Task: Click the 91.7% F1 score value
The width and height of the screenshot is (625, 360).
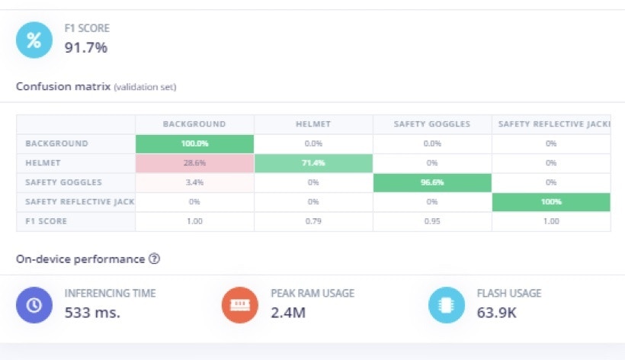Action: [85, 47]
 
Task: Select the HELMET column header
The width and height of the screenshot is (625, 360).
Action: [313, 124]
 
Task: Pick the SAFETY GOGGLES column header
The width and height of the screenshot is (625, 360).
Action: [432, 124]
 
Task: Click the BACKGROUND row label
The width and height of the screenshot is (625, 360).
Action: [56, 143]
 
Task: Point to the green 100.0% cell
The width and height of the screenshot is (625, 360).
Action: [194, 143]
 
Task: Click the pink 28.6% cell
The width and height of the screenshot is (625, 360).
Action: [194, 163]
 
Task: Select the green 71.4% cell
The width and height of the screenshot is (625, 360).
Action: [313, 163]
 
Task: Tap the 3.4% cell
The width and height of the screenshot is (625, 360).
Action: [194, 182]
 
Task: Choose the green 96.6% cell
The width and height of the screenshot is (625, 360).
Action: [432, 182]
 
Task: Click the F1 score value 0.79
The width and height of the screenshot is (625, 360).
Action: [313, 221]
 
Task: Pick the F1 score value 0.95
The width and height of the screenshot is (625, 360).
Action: [432, 221]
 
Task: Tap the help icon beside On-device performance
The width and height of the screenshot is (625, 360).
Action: [154, 259]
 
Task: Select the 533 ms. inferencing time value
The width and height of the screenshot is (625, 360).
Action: [92, 312]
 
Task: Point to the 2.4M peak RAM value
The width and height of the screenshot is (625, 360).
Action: [288, 312]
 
